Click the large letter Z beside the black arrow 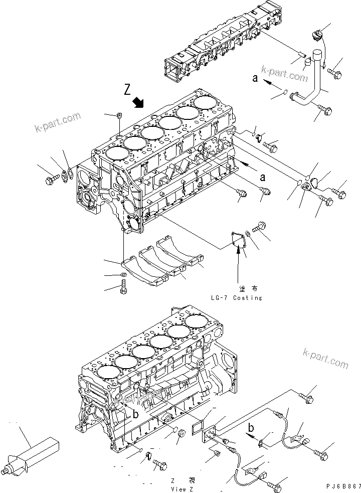point(128,91)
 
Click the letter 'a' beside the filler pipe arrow point(255,78)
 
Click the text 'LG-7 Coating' point(237,298)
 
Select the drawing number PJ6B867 point(342,486)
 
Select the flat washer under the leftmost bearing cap point(124,275)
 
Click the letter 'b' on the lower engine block point(135,415)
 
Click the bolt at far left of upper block point(50,179)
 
